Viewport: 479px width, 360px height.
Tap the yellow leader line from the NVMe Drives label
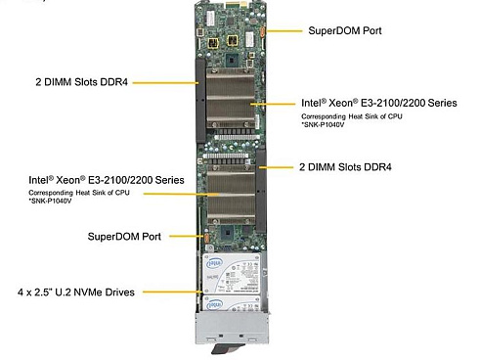(173, 292)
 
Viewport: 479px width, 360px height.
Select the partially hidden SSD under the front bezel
(232, 303)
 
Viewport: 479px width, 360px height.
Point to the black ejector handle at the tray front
(228, 348)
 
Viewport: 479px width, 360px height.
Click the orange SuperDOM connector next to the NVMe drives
(206, 237)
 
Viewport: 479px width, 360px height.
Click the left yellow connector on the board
(212, 43)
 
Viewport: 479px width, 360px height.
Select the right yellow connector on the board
(232, 40)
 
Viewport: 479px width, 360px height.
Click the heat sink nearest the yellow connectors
(231, 98)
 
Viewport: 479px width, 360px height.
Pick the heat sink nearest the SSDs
(232, 195)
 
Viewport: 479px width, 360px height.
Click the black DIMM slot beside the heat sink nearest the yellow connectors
(200, 101)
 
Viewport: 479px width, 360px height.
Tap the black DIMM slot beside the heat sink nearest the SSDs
(261, 191)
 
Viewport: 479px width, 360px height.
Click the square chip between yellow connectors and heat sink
(233, 60)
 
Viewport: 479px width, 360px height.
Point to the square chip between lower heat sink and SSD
(227, 234)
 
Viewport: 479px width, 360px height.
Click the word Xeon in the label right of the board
(340, 103)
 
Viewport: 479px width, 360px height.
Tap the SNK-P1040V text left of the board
(50, 201)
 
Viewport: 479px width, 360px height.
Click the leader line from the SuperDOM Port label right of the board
(283, 31)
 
